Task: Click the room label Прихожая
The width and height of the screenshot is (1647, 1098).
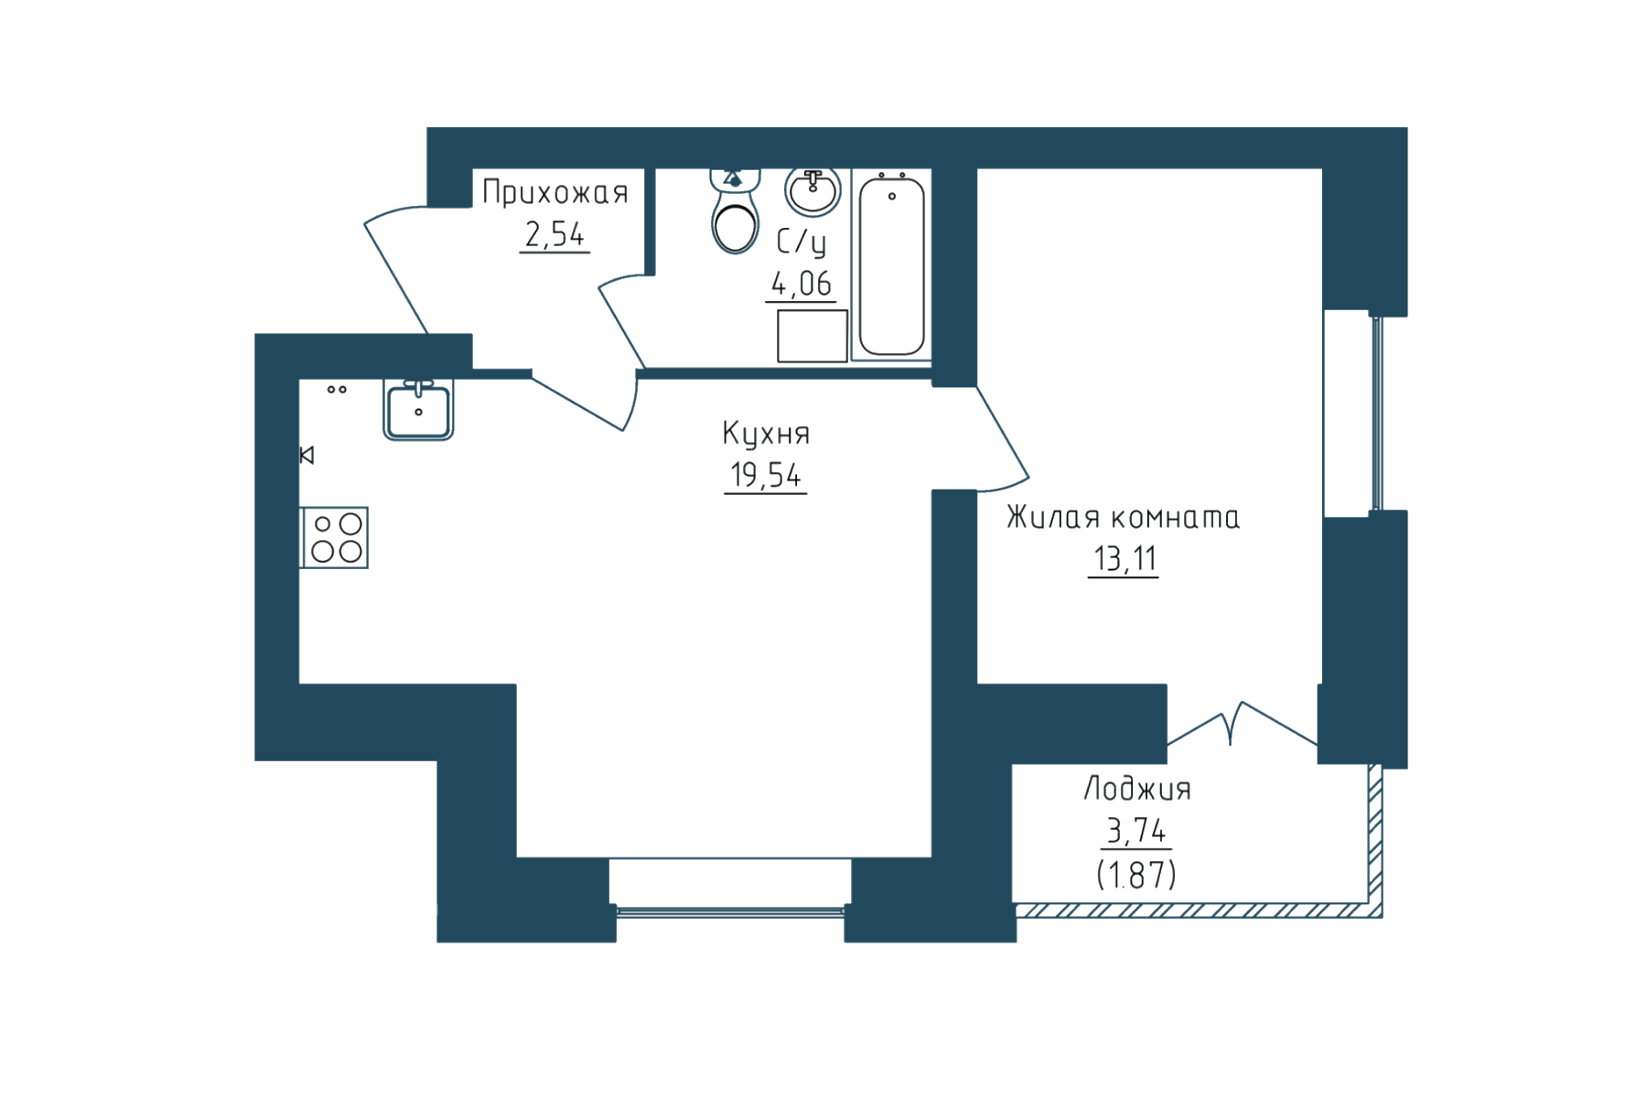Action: (555, 192)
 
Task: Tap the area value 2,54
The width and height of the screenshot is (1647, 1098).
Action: (554, 234)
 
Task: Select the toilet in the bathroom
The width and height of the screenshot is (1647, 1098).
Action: (735, 210)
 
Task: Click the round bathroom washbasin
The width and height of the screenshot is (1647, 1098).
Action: (813, 191)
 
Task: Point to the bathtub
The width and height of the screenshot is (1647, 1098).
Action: (891, 265)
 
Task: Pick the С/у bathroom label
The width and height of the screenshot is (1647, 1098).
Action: (802, 242)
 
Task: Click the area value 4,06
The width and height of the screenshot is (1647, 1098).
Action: (802, 284)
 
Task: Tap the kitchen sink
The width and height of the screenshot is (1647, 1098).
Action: (418, 410)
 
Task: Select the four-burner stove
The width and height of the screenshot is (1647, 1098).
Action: (335, 538)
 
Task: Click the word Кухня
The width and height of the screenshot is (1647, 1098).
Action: (766, 433)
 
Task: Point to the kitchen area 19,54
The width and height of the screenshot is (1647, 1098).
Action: (766, 475)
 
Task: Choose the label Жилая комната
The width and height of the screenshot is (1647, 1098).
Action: (1123, 517)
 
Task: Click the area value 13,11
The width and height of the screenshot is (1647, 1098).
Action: (1125, 558)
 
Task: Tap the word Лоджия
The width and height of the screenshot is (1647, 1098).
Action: (1137, 789)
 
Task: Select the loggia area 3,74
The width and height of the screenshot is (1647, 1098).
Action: (1136, 830)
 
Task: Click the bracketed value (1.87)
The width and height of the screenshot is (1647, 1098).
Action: (1136, 875)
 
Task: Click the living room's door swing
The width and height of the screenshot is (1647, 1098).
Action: (1003, 437)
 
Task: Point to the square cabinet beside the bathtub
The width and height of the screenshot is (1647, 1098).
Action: (813, 336)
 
